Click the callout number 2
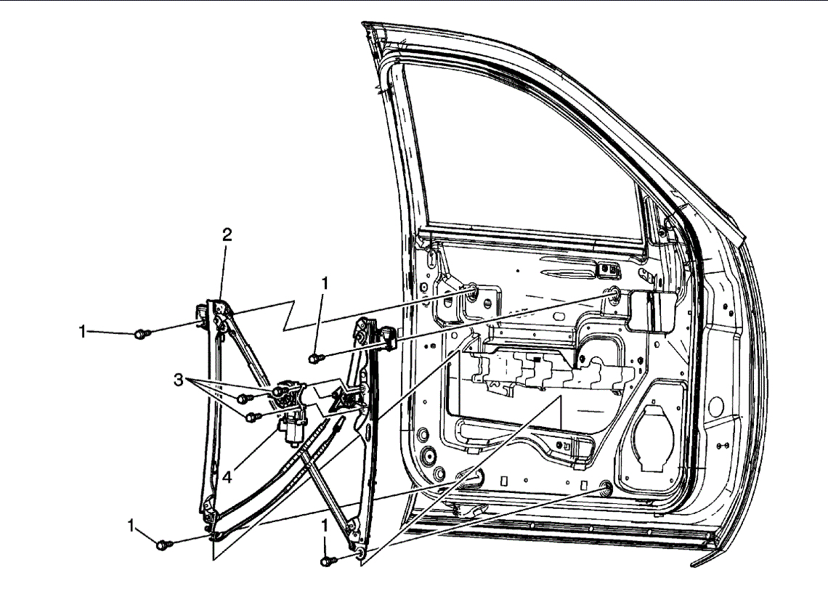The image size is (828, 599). point(227,235)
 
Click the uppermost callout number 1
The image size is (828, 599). point(325,284)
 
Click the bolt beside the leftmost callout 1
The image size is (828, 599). point(143,334)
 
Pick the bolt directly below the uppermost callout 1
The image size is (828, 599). point(315,358)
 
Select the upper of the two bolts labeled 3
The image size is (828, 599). point(245,398)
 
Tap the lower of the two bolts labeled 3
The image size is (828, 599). point(252,417)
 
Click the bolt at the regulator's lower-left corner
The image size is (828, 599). point(165,542)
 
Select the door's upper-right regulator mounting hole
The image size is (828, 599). point(613,294)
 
